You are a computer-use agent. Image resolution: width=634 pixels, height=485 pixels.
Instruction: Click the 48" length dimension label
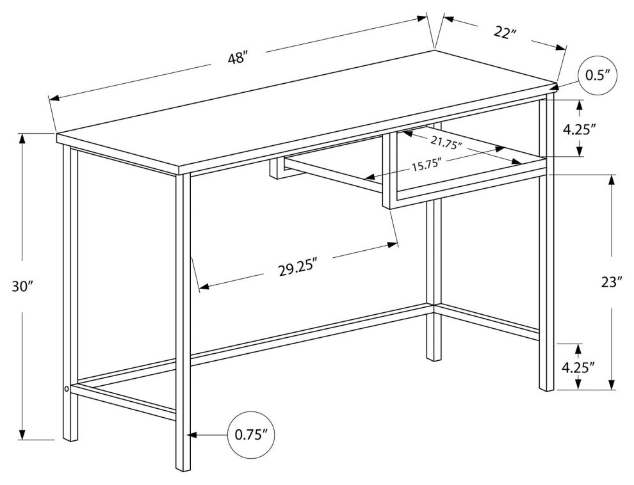coord(237,59)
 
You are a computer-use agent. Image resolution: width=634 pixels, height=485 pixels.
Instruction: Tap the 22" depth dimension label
coord(503,33)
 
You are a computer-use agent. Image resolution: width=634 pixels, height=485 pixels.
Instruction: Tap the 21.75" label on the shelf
coord(446,143)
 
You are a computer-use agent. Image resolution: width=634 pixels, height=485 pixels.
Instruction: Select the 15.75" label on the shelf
coord(424,166)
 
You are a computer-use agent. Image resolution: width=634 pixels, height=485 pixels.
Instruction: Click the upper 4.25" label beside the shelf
coord(580,130)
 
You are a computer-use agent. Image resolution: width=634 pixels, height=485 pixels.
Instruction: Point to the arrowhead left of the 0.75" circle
coord(191,435)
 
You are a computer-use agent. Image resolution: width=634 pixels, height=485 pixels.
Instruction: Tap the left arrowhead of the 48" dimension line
coord(65,98)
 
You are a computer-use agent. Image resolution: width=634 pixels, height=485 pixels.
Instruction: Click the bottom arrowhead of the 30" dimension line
coord(22,434)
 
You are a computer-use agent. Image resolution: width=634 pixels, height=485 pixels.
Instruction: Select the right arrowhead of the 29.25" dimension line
coord(393,244)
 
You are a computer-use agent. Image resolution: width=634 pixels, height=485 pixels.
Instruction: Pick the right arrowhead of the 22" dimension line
coord(561,47)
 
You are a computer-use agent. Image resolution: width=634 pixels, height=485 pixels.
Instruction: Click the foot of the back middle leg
coord(434,358)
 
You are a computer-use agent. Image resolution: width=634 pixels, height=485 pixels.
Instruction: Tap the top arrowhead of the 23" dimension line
coord(612,180)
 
